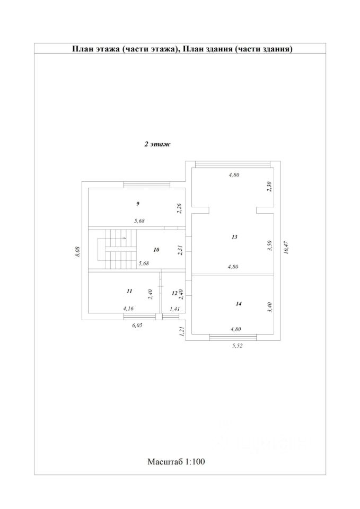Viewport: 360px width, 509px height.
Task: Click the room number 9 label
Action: (138, 204)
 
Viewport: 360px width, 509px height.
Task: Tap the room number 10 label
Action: (156, 249)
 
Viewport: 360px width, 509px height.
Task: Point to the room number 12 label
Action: (174, 292)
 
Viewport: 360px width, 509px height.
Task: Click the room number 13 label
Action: (234, 238)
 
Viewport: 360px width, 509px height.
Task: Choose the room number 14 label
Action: (239, 304)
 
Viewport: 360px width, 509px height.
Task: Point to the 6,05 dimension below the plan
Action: (137, 326)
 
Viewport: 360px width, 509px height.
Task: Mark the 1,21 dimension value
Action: (181, 332)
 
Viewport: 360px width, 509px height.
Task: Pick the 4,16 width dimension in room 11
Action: (128, 308)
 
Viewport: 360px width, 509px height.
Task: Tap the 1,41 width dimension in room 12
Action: (174, 308)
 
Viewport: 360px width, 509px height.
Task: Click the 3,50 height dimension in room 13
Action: (269, 245)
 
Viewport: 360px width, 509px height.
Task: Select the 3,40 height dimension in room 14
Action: (269, 307)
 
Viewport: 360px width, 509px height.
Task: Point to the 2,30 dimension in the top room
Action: (269, 186)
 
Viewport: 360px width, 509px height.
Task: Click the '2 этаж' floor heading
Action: (156, 144)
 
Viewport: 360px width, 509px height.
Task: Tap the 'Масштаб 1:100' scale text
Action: (176, 461)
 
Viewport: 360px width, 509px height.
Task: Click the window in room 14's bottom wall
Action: (233, 336)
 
